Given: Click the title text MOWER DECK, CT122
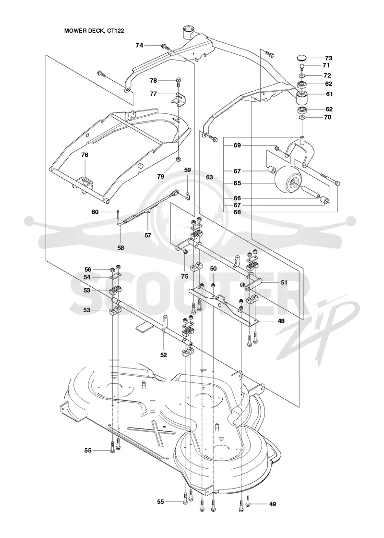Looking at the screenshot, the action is (94, 31).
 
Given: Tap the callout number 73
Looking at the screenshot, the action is (328, 58).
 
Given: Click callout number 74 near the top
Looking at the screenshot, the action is (139, 45).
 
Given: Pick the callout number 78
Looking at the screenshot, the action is (153, 81).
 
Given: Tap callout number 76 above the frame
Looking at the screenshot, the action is (84, 155).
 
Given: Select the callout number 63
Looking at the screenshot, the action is (209, 177).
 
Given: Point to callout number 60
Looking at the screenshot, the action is (95, 212).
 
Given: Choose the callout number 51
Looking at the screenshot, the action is (284, 283).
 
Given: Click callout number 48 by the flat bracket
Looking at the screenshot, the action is (281, 321).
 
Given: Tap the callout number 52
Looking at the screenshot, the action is (164, 355).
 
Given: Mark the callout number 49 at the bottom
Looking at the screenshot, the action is (273, 504).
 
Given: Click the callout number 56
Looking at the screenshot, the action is (88, 269).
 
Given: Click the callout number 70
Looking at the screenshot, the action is (328, 117).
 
